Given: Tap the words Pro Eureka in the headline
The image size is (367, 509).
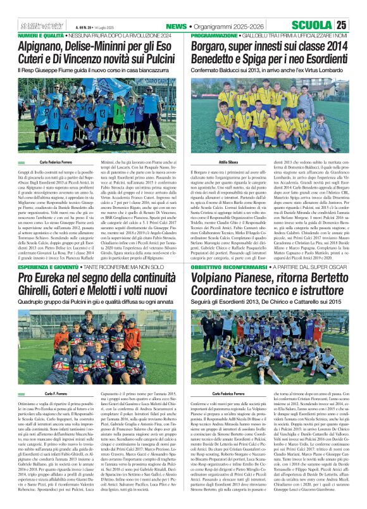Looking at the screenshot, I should pos(43,278).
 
